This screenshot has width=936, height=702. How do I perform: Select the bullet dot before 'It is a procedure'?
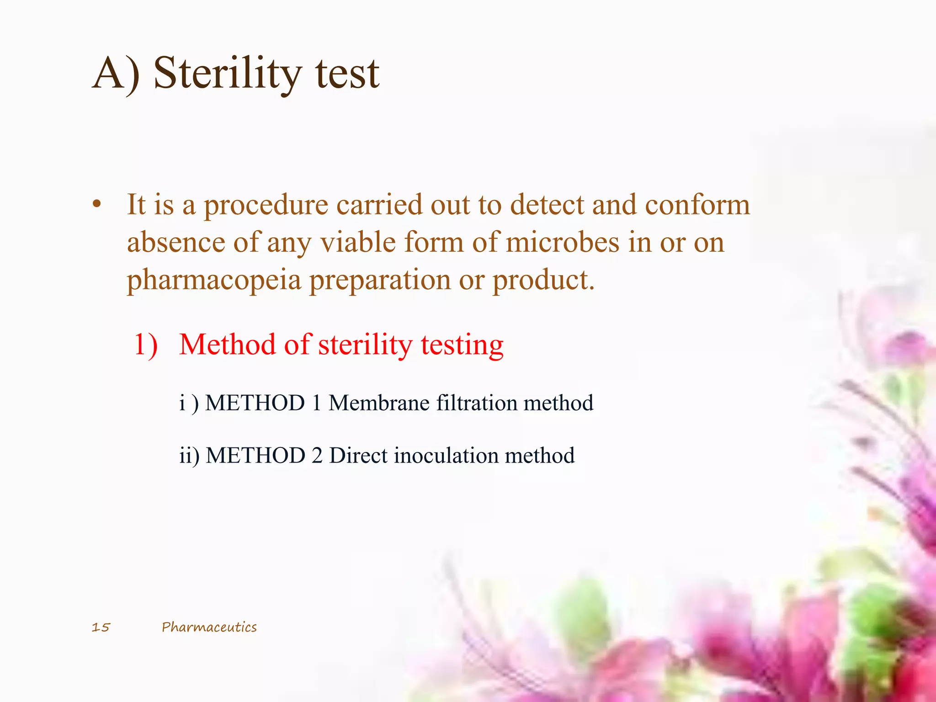[x=96, y=205]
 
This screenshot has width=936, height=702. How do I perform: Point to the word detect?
[x=547, y=204]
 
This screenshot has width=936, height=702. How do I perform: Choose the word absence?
[x=175, y=242]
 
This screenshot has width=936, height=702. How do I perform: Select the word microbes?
[x=563, y=242]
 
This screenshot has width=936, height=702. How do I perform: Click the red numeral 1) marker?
[x=146, y=345]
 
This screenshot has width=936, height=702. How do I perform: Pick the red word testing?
[x=462, y=346]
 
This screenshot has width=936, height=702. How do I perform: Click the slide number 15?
[x=101, y=627]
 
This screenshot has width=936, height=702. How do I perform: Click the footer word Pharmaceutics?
[x=209, y=627]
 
